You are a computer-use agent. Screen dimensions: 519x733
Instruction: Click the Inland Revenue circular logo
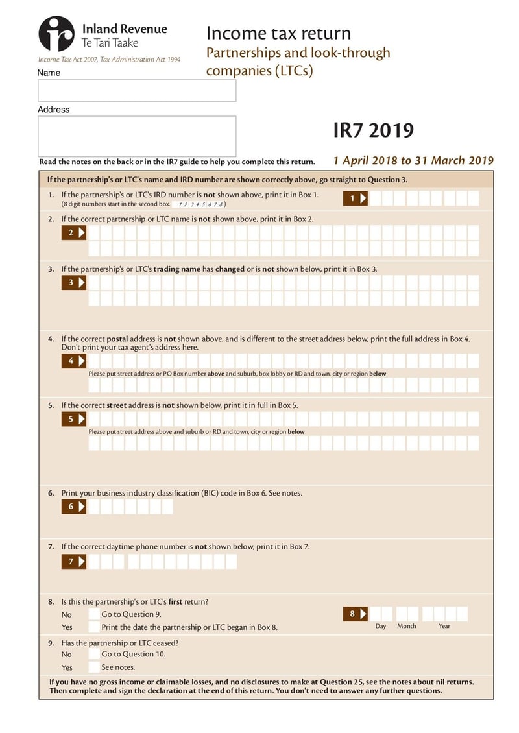click(56, 34)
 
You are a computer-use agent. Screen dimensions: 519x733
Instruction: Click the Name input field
click(137, 91)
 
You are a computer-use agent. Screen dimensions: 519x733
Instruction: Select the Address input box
click(137, 136)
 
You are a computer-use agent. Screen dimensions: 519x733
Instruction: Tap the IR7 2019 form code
click(373, 130)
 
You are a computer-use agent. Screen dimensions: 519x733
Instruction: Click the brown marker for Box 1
click(356, 198)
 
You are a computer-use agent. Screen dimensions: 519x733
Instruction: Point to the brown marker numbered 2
click(75, 233)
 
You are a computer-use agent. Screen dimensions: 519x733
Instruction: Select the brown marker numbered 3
click(75, 283)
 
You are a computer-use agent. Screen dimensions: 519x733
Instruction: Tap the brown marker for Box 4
click(75, 361)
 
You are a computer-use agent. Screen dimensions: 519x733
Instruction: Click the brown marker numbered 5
click(75, 419)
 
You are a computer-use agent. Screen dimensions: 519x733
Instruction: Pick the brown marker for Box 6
click(75, 507)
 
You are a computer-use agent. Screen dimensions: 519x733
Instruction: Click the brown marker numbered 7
click(75, 562)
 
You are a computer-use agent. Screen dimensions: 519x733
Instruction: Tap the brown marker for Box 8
click(356, 614)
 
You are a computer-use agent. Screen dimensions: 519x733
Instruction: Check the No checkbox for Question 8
click(95, 614)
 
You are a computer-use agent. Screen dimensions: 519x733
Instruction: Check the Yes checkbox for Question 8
click(95, 627)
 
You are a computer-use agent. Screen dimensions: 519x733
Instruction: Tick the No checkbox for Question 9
click(95, 655)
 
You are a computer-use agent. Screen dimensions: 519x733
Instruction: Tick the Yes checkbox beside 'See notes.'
click(95, 667)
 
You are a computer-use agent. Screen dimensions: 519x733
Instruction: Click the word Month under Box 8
click(407, 626)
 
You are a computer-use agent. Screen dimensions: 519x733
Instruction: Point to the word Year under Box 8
click(444, 626)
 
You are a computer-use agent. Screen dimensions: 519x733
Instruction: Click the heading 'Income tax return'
click(278, 33)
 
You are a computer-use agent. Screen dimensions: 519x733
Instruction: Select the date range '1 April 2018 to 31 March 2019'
click(413, 161)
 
